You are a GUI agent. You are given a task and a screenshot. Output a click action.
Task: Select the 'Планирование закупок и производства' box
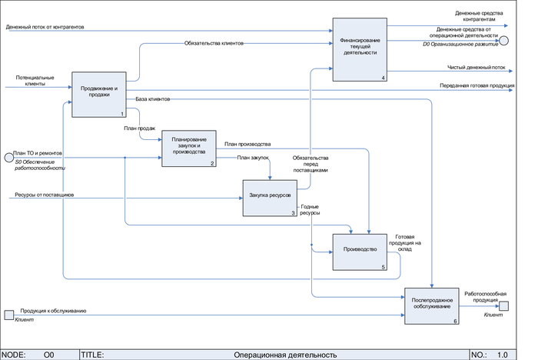tap(188, 148)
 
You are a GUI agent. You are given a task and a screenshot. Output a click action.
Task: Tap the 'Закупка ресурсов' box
tap(269, 199)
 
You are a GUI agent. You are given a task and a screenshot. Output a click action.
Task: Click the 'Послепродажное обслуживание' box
tap(432, 305)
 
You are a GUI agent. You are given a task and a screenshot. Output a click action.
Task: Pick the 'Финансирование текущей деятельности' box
tap(360, 48)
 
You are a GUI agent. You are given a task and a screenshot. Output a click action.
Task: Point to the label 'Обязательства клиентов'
tap(214, 44)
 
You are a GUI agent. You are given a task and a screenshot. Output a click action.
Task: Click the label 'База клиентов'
tap(153, 99)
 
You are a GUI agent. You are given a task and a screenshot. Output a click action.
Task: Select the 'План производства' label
tap(247, 144)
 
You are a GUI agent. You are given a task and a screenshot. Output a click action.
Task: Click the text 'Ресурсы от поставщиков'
tap(44, 195)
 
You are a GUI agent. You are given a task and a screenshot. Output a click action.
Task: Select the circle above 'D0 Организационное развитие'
tap(505, 38)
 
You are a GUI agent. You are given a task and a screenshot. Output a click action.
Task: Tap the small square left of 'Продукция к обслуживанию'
tap(9, 315)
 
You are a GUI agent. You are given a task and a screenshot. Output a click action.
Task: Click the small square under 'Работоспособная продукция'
tap(504, 305)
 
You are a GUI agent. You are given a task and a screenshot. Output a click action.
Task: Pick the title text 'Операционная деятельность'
tap(285, 355)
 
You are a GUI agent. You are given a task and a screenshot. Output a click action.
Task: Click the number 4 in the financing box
tap(383, 78)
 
